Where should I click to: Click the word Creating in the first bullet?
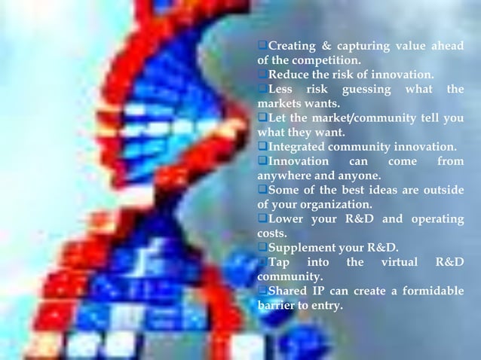point(294,47)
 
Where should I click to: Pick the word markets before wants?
point(279,104)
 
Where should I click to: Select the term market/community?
point(369,118)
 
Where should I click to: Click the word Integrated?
point(299,147)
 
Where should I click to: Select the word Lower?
point(286,218)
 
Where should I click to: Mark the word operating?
point(434,218)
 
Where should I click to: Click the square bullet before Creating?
point(262,47)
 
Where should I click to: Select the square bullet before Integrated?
point(262,147)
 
